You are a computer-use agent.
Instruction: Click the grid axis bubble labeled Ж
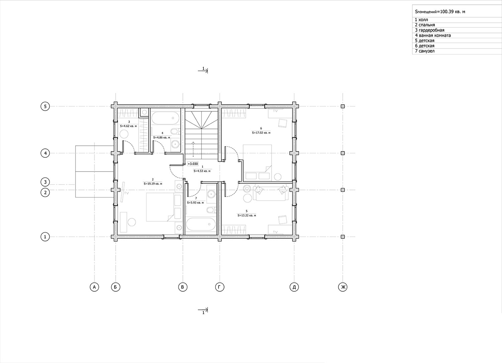coord(343,287)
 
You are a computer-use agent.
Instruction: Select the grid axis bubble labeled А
coord(94,287)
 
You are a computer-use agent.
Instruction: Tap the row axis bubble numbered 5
coord(45,106)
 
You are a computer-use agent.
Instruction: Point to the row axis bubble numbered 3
coord(45,182)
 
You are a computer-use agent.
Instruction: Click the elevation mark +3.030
coord(193,164)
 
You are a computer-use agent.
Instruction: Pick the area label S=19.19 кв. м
coord(153,184)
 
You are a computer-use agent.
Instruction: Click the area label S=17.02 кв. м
coord(261,132)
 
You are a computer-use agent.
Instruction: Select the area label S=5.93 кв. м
coord(195,203)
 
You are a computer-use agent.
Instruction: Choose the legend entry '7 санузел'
coord(425,51)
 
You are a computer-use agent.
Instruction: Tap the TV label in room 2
coord(127,193)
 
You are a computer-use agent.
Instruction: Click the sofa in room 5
coord(271,193)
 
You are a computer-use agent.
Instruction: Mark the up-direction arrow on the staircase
coord(193,149)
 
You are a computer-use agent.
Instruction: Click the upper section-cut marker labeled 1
coord(203,70)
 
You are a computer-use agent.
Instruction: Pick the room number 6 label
coord(261,128)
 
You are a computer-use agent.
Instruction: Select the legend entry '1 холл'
coord(421,20)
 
